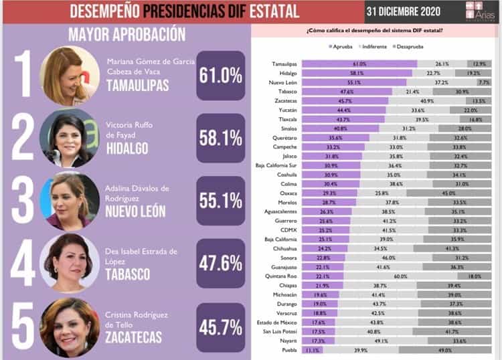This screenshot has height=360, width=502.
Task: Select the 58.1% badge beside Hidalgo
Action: point(220,138)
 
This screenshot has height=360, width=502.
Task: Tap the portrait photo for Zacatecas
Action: point(69,326)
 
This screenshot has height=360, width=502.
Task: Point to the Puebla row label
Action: point(288,349)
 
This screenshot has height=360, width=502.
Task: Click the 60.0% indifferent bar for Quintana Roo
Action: point(401,276)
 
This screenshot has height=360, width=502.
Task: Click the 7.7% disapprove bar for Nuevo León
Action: point(484,82)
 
